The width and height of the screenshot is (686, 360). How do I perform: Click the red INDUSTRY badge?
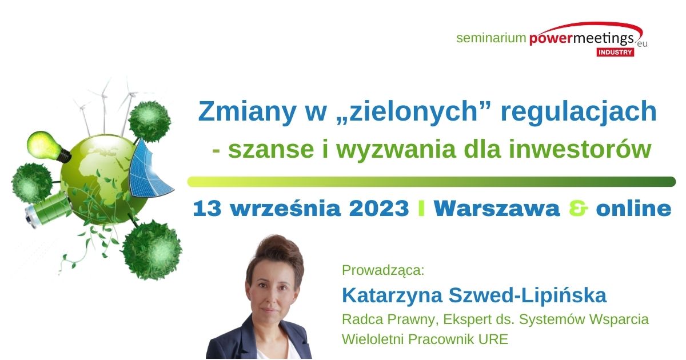point(615,53)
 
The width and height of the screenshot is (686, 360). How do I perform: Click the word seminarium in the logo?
point(491,38)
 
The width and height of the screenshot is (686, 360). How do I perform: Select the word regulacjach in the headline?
point(579,112)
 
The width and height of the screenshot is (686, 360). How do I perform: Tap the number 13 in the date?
point(207,209)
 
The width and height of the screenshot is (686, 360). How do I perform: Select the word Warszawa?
point(497,209)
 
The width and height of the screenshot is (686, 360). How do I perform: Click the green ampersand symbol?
point(578,209)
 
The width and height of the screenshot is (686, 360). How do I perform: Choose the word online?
point(633,209)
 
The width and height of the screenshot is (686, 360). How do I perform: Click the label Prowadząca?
point(383,270)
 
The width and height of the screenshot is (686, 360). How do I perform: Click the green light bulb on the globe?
point(49,147)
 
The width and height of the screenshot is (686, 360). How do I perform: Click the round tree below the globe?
point(152,250)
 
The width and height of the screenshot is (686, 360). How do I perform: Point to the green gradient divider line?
point(432,182)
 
